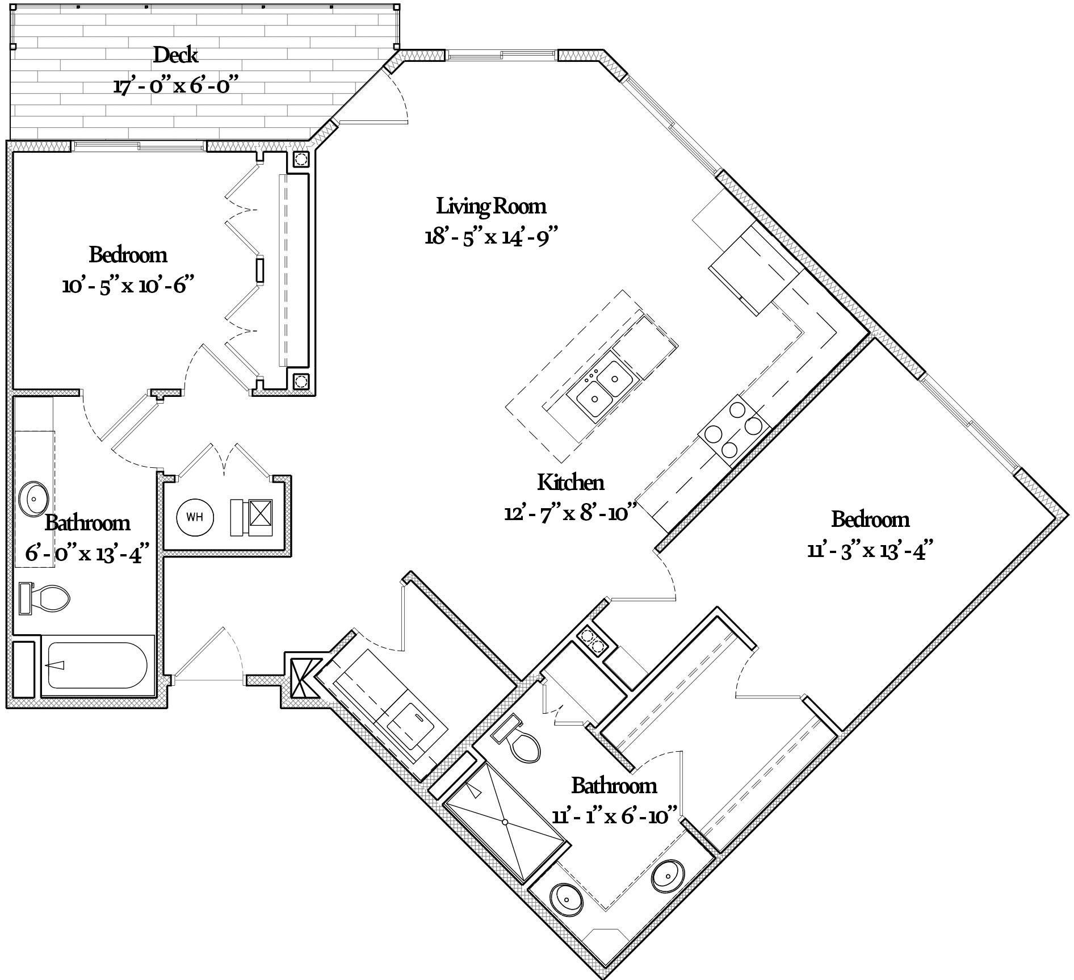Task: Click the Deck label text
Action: coord(175,56)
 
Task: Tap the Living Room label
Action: coord(491,206)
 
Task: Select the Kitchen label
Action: coord(570,483)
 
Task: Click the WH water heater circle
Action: coord(195,517)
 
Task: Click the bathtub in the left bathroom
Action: coord(98,665)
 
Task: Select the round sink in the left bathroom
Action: coord(34,498)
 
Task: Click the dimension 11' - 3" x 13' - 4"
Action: coord(870,550)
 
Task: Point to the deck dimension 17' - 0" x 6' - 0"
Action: coord(175,87)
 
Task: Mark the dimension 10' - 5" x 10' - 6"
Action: coord(125,285)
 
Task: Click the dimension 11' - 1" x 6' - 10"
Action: coord(615,816)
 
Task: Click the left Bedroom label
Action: coord(128,255)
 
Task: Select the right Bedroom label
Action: coord(870,520)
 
